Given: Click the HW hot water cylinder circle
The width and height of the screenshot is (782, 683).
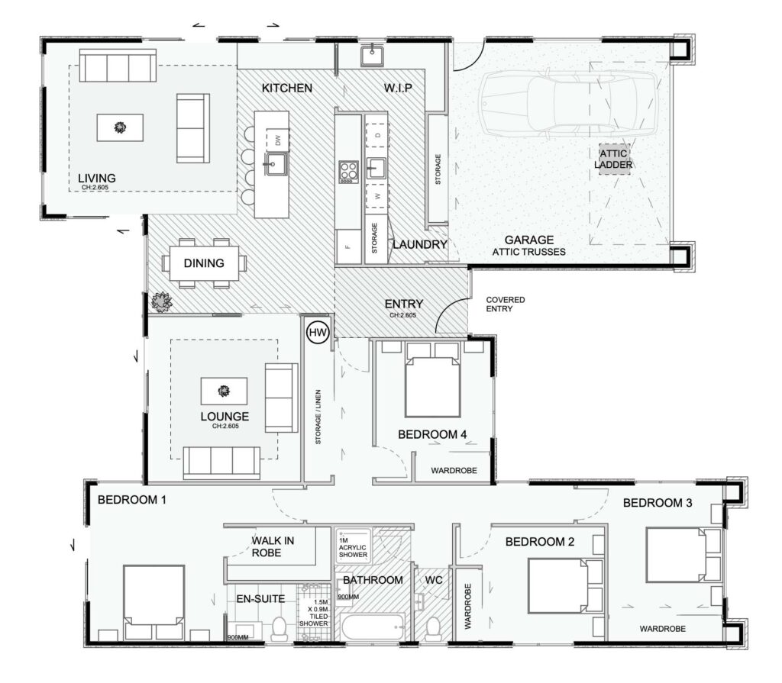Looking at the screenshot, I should click(317, 333).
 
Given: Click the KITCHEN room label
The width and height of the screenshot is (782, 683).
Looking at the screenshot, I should click(287, 89).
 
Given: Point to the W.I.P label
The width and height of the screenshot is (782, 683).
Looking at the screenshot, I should click(398, 89).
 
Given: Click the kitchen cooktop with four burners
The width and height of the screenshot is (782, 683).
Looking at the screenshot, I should click(348, 171).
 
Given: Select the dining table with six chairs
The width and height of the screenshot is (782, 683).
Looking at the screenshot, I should click(204, 263).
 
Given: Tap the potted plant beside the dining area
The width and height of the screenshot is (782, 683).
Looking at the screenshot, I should click(161, 301).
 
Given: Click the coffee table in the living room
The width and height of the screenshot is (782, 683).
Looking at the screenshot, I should click(119, 127).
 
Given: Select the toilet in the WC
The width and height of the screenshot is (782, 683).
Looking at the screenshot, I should click(433, 628).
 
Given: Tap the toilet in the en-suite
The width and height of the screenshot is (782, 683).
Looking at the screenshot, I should click(279, 627).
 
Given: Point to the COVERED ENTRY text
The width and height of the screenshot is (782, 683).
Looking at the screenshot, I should click(506, 305).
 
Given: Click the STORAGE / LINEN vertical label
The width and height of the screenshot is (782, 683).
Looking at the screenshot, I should click(319, 420).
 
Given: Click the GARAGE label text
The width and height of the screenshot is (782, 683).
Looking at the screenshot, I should click(529, 240).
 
